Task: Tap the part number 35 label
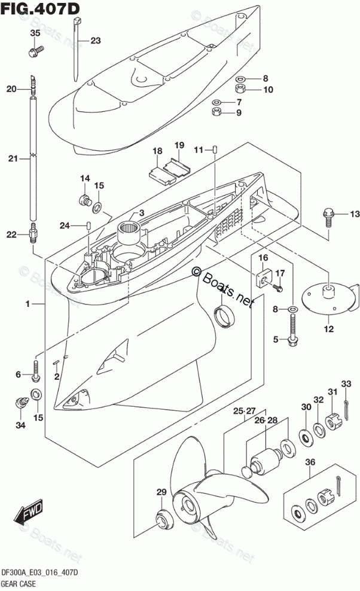(x=35, y=33)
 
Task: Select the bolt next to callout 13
(x=328, y=218)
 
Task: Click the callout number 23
(x=96, y=40)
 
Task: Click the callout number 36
(x=310, y=462)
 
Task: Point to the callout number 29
(x=161, y=492)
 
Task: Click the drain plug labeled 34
(x=21, y=401)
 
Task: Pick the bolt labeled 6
(x=36, y=370)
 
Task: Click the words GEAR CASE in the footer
(x=19, y=584)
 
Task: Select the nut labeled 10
(x=239, y=89)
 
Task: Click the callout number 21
(x=13, y=159)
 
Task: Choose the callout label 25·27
(x=244, y=411)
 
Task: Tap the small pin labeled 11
(x=215, y=149)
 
